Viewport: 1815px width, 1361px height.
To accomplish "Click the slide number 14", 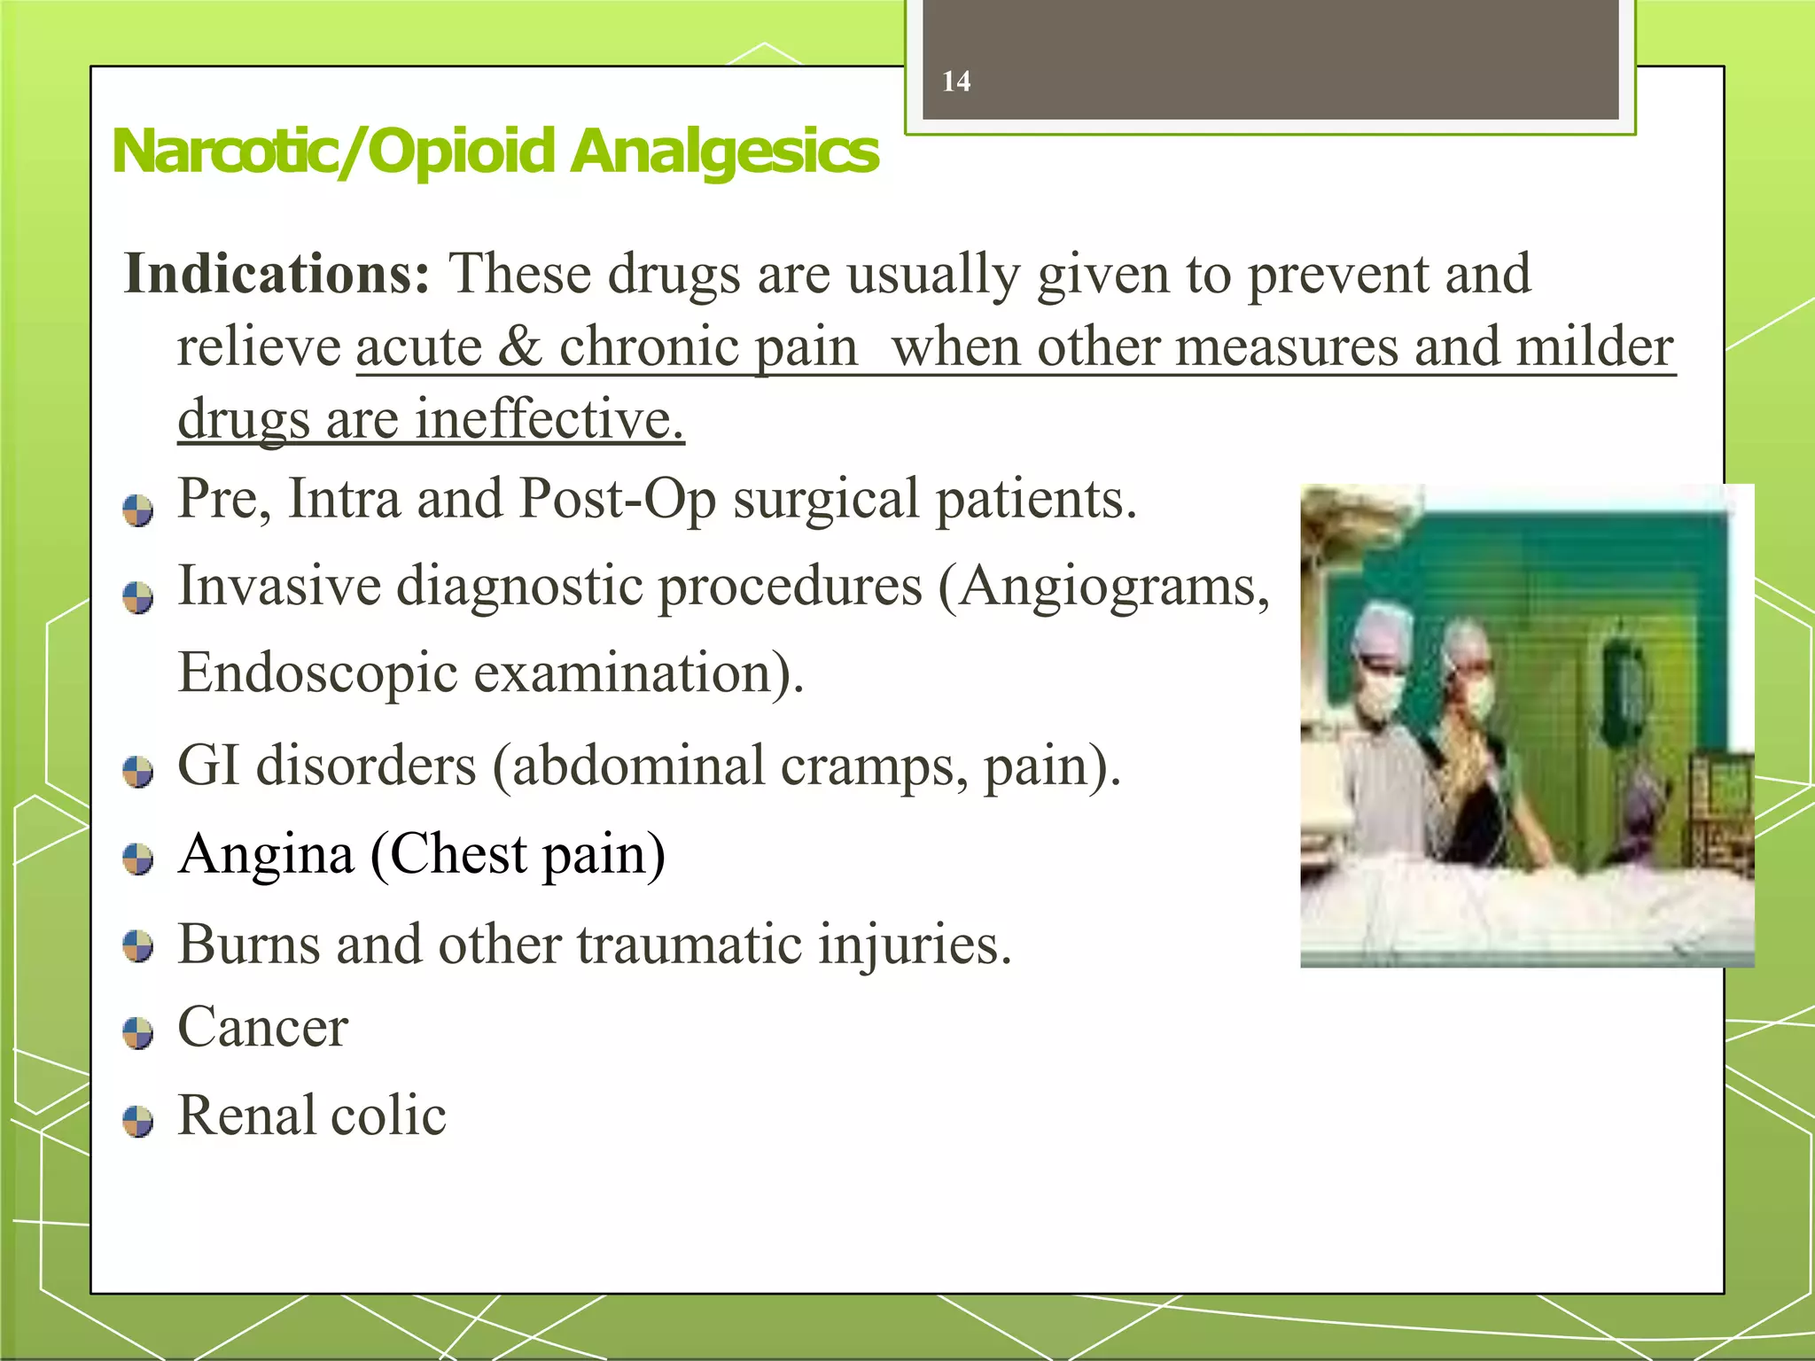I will (x=956, y=82).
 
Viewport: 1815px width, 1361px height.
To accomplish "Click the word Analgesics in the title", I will (x=724, y=152).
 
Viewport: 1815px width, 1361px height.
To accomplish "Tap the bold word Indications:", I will (x=277, y=274).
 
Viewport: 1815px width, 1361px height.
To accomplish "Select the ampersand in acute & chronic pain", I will (x=519, y=346).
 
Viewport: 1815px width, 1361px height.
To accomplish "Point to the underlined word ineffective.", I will (x=549, y=418).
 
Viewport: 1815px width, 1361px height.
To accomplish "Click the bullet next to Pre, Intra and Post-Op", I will (x=138, y=510).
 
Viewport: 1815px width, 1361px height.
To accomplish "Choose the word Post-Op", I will (x=618, y=499).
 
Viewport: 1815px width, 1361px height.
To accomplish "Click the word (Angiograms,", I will (x=1103, y=587).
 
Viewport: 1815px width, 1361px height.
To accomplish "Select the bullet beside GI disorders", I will (x=138, y=772).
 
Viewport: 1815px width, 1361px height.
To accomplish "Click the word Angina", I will (x=266, y=855).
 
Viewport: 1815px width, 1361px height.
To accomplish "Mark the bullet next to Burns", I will (x=138, y=945).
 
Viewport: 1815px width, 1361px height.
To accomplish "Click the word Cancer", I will (x=263, y=1028).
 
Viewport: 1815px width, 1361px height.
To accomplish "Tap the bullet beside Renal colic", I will (x=138, y=1121).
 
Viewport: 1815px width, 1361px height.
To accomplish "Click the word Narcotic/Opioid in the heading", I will (x=333, y=152).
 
